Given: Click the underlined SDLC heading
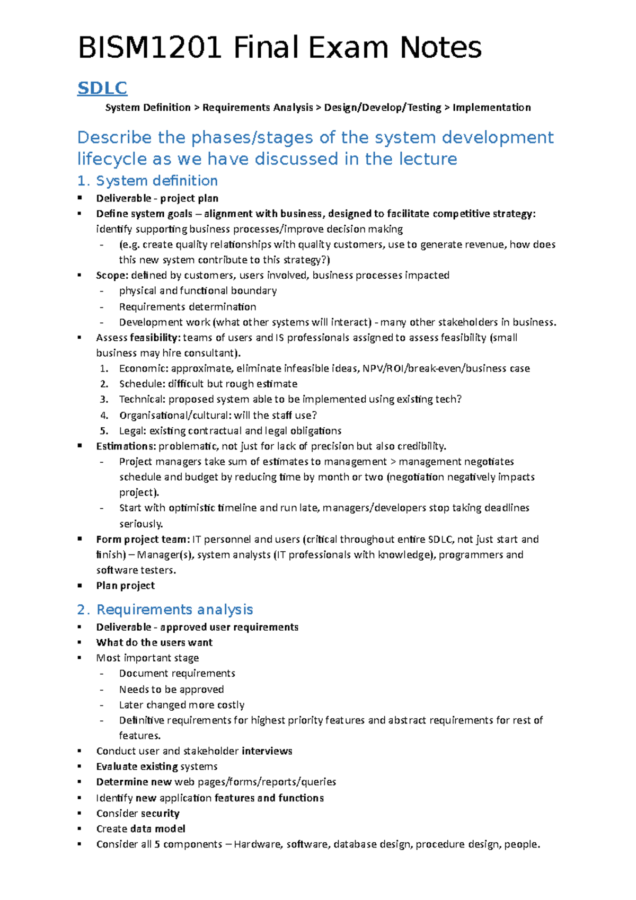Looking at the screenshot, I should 102,88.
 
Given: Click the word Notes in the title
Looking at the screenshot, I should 440,48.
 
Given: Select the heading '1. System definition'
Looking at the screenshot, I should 147,181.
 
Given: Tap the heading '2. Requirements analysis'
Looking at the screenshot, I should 165,610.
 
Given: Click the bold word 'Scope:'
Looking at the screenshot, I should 112,275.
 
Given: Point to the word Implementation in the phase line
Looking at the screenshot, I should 491,108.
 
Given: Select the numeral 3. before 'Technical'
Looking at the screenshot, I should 104,399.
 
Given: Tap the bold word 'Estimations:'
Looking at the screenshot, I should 126,446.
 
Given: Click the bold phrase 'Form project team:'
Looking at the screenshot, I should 143,540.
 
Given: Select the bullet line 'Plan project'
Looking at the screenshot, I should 126,586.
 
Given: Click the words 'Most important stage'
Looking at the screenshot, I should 147,658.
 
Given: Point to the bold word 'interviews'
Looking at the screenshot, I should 267,751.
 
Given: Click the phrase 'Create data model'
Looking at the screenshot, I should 140,828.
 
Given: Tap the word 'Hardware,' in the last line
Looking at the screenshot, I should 258,844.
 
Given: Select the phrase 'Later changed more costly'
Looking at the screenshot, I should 182,705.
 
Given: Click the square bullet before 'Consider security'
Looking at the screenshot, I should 79,813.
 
